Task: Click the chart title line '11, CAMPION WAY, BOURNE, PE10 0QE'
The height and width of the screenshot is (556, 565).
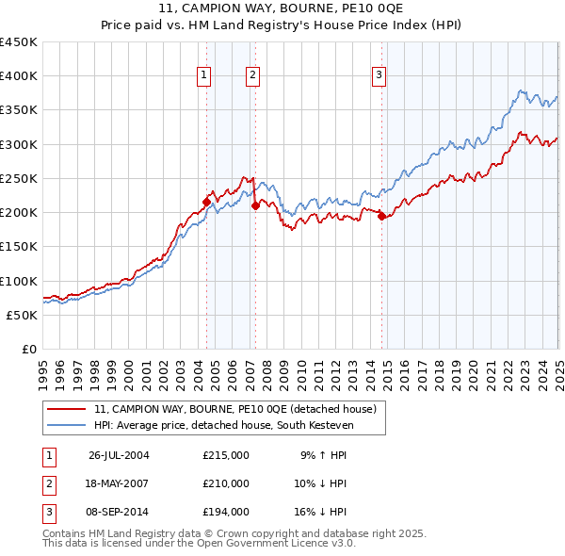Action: pos(282,9)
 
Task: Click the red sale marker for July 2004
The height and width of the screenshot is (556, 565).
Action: pos(206,201)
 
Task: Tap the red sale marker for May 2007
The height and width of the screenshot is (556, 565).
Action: pos(255,204)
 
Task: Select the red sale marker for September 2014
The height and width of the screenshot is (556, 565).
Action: pos(381,216)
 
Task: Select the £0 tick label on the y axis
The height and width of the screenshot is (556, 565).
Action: pos(29,350)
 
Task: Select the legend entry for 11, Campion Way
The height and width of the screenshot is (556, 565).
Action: pos(235,409)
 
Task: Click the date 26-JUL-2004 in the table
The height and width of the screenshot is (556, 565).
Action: pos(119,455)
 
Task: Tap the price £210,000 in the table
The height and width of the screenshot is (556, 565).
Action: pos(226,483)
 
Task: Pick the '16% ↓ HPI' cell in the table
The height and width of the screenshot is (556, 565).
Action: pos(322,512)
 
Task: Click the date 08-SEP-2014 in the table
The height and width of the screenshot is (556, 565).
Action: pos(119,512)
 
